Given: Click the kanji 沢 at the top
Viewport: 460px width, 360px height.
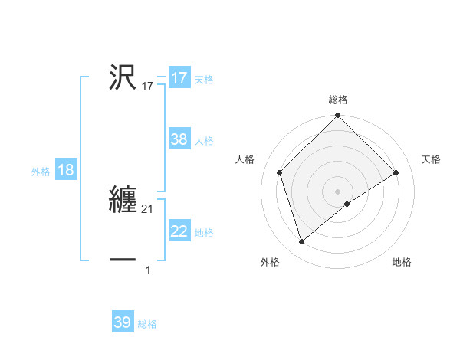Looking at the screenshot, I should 123,77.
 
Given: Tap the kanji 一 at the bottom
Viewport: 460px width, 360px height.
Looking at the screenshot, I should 123,260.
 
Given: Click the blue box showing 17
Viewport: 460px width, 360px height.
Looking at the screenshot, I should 179,78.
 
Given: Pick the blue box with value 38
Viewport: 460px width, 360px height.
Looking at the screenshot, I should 179,139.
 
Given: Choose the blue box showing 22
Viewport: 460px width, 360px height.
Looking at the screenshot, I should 179,231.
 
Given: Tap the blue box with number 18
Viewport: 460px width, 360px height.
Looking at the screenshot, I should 65,170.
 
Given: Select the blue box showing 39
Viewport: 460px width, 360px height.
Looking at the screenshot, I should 122,322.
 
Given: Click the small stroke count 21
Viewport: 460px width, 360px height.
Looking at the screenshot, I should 149,209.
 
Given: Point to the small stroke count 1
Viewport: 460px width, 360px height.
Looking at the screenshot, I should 148,270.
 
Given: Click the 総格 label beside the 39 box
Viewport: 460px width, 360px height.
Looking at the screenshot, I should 147,324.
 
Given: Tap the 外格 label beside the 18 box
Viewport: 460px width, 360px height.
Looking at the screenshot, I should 41,172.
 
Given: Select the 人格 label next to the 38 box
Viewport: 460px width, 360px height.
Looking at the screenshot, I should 204,141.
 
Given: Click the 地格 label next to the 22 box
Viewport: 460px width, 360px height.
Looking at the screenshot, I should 204,233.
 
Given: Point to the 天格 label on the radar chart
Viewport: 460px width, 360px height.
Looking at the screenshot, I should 431,159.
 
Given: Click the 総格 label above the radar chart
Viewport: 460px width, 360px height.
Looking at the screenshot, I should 338,100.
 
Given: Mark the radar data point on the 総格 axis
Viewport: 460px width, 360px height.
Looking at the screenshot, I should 338,116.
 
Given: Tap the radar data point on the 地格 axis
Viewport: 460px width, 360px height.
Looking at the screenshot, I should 347,204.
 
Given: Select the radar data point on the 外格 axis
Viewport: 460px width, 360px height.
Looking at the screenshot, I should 301,242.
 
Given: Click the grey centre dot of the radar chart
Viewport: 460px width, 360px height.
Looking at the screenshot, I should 338,191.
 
